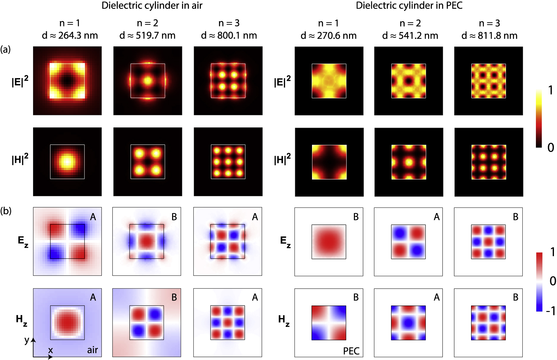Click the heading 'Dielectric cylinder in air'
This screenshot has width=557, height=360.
(152, 6)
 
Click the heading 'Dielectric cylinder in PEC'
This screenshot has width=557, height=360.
(409, 6)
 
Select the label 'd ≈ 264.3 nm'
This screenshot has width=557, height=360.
(70, 36)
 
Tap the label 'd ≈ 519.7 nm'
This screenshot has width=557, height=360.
(147, 36)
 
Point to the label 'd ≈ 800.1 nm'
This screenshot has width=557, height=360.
(229, 36)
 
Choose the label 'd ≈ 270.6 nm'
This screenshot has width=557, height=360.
(329, 36)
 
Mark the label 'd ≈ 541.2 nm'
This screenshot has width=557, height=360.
(410, 36)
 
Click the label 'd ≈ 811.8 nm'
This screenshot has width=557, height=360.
(489, 36)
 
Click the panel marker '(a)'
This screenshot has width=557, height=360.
(6, 49)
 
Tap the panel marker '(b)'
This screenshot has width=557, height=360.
(6, 211)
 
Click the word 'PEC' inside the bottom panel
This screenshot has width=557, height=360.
(351, 351)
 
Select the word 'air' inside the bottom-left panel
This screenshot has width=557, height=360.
(92, 350)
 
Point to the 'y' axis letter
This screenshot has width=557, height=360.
(27, 340)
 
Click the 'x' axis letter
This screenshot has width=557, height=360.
(50, 350)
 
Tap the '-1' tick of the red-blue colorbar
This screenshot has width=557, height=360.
(551, 311)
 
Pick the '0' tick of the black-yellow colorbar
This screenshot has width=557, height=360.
(551, 148)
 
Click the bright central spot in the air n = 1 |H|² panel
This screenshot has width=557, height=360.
(67, 161)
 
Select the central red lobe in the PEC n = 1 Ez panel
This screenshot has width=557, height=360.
(329, 242)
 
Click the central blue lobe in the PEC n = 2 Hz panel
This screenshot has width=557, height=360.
(408, 323)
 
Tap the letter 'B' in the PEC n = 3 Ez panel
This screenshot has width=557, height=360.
(515, 217)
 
